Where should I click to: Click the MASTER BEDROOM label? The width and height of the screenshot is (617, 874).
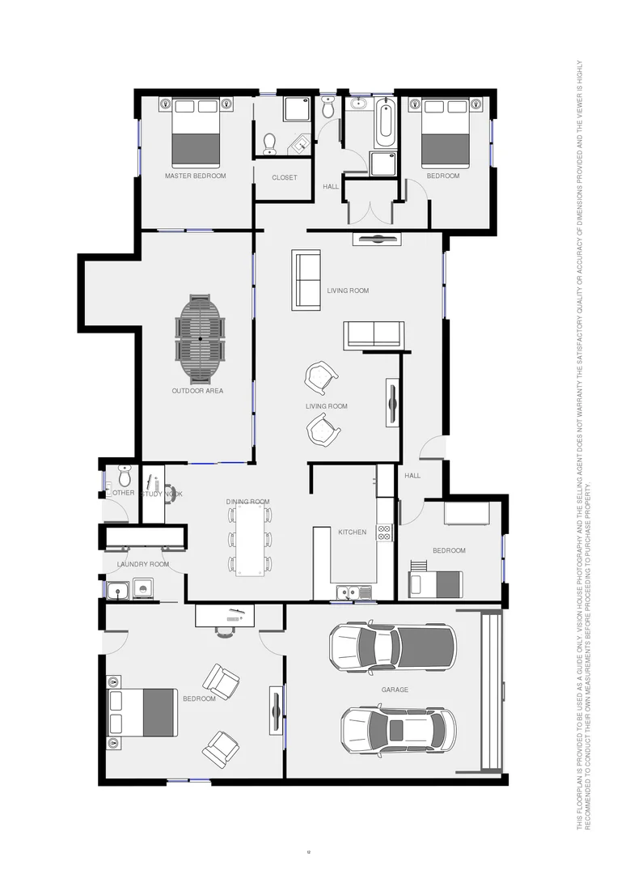click(195, 176)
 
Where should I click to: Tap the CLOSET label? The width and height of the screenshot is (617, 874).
click(284, 177)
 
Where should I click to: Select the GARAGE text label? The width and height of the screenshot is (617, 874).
click(395, 690)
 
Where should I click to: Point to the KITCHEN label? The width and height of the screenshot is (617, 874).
click(352, 532)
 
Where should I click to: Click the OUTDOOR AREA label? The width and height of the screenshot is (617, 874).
click(197, 391)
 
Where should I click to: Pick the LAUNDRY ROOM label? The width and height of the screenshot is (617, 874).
click(143, 564)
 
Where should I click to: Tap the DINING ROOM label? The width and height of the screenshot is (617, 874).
click(247, 502)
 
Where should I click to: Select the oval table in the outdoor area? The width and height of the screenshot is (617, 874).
click(200, 337)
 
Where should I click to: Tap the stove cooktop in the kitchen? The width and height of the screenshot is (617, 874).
click(385, 532)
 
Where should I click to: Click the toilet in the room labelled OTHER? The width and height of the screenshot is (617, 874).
click(125, 473)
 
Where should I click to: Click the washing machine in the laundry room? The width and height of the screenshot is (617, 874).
click(143, 590)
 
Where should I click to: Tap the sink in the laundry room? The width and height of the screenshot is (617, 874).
click(117, 591)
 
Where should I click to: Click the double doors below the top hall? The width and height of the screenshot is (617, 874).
click(370, 212)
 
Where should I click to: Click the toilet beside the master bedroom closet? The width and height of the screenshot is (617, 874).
click(270, 143)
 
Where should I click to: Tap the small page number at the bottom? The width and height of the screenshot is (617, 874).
click(308, 851)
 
